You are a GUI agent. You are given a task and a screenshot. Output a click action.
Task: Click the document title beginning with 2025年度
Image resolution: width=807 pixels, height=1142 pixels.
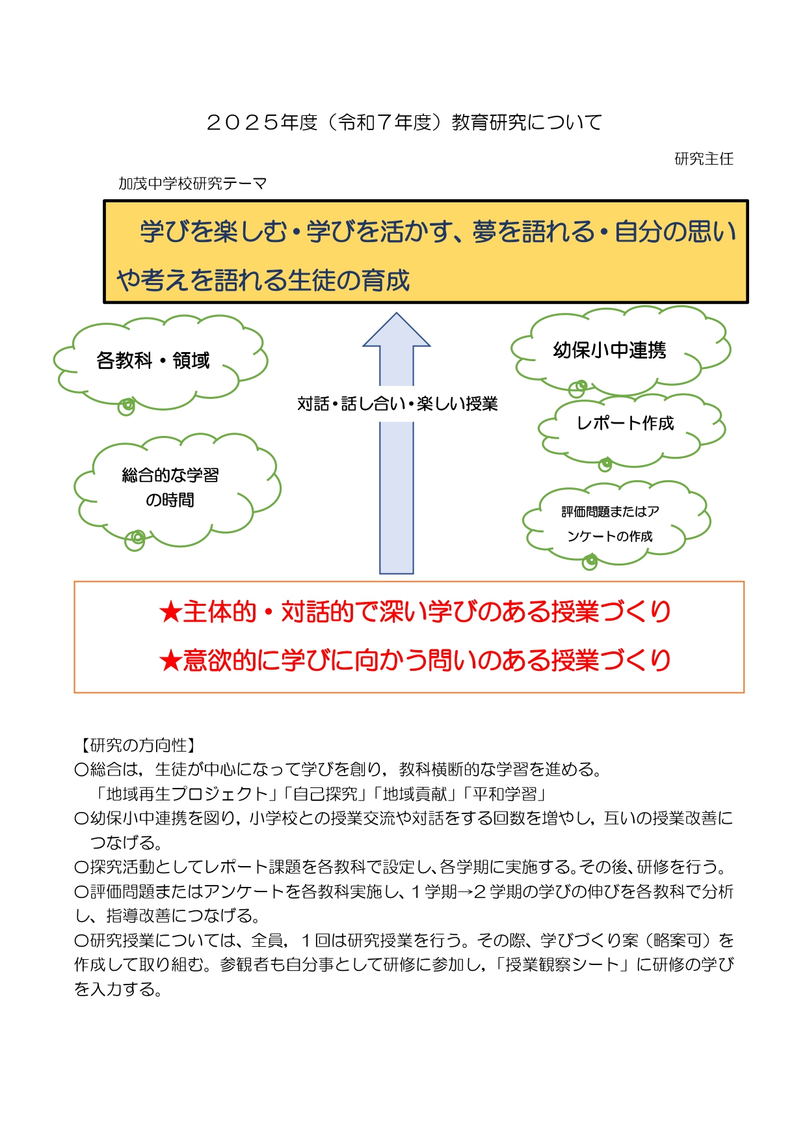click(x=404, y=122)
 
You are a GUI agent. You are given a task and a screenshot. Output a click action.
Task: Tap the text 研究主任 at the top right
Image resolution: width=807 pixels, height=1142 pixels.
click(x=704, y=159)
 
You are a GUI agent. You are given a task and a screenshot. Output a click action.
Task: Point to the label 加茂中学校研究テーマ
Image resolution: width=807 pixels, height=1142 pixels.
click(x=192, y=184)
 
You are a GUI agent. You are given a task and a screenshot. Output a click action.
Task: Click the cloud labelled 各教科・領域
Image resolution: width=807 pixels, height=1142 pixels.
click(x=160, y=362)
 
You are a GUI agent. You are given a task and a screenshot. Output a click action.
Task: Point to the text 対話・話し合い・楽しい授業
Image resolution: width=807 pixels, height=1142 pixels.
click(x=397, y=404)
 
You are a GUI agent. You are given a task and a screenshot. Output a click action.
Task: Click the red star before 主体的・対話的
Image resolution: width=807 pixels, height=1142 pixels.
click(x=170, y=612)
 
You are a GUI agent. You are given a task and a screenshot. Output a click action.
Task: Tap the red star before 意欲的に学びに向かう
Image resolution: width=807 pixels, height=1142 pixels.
click(x=170, y=661)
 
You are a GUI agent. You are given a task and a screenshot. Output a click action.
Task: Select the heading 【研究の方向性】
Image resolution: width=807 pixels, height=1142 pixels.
click(x=139, y=745)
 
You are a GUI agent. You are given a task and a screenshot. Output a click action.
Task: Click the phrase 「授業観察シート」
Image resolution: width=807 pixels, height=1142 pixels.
click(x=562, y=964)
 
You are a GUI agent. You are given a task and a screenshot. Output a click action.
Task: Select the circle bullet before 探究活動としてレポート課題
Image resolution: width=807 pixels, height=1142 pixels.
click(x=81, y=867)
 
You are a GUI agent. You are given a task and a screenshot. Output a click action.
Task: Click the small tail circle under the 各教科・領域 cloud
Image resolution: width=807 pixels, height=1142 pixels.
click(x=126, y=407)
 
